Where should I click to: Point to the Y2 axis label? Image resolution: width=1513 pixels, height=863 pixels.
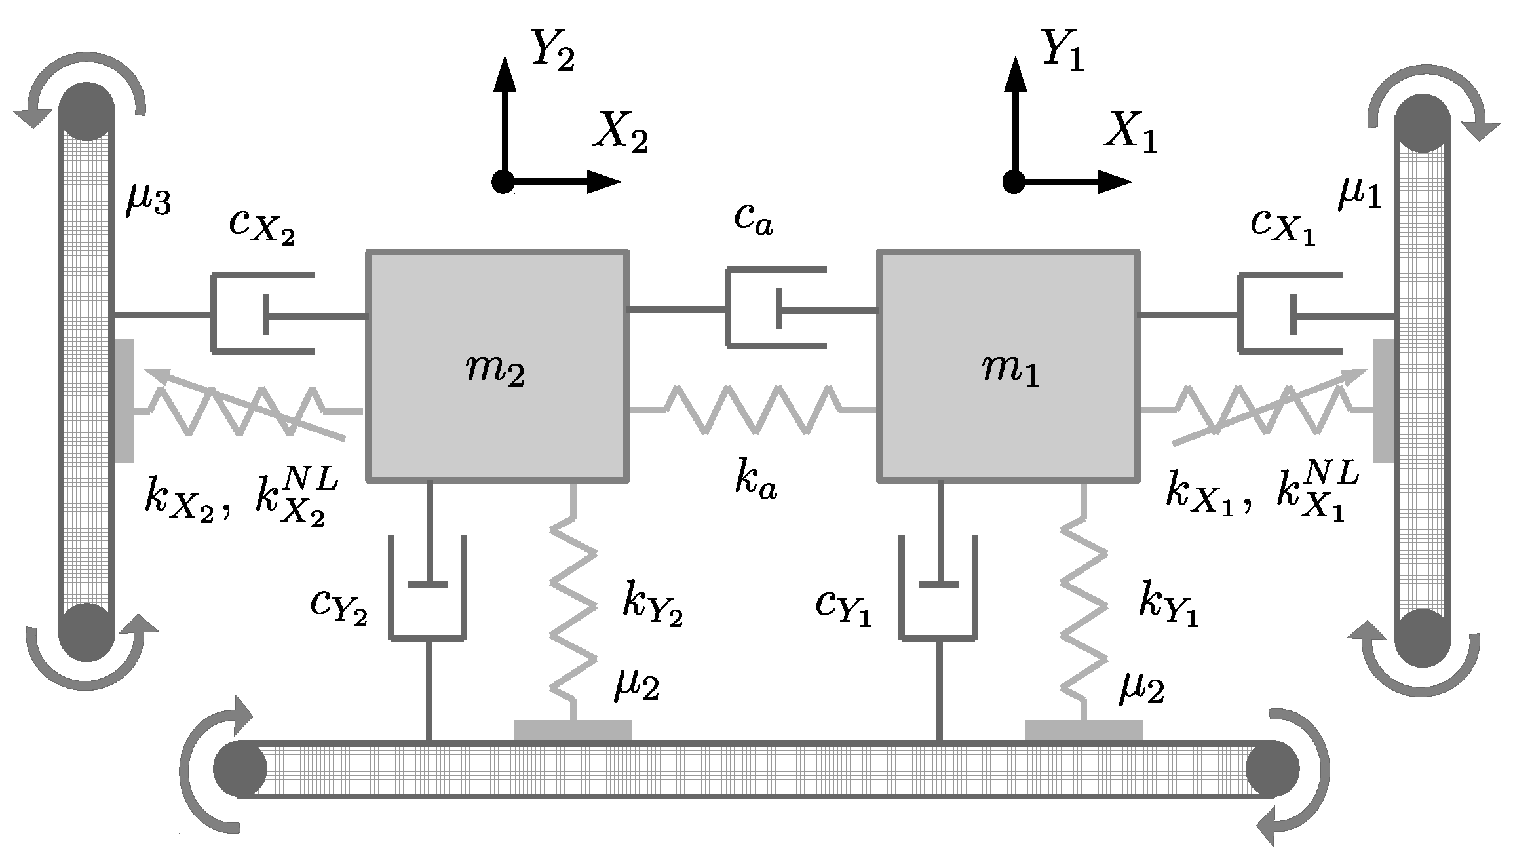(x=552, y=51)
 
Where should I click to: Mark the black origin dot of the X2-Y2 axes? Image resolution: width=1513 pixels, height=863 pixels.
(x=503, y=181)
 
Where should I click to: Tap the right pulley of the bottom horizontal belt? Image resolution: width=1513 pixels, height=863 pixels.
(x=1272, y=769)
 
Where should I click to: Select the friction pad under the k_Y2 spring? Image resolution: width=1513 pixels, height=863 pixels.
(x=573, y=730)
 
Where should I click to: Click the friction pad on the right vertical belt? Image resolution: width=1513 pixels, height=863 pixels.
(x=1383, y=400)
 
